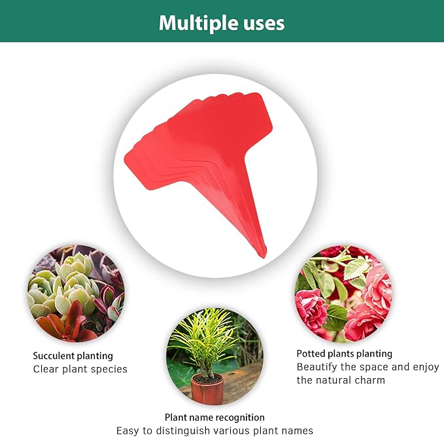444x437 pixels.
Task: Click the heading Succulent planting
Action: (x=73, y=356)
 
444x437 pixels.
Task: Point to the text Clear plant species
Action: (x=80, y=369)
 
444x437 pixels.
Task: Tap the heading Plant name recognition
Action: (x=214, y=417)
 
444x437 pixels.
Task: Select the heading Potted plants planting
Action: (x=344, y=353)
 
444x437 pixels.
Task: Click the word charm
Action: (x=370, y=380)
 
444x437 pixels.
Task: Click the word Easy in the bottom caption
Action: (x=128, y=430)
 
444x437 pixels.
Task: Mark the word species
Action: (x=109, y=369)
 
